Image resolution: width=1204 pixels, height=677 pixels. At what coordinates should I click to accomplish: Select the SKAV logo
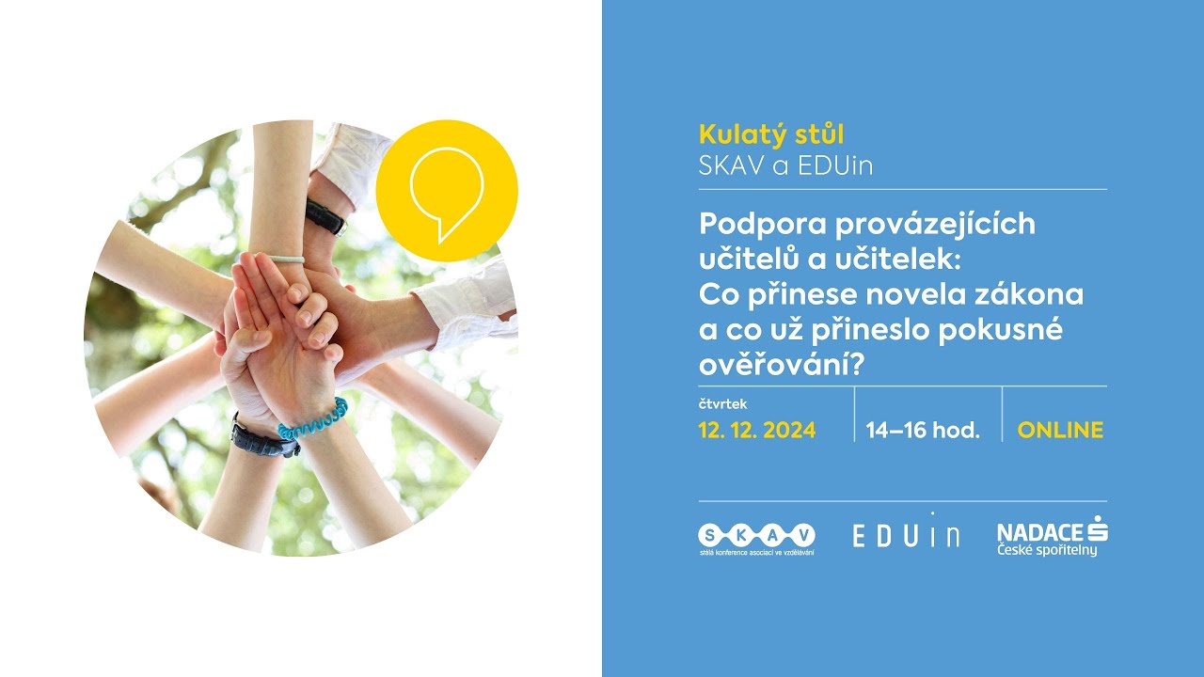pos(756,539)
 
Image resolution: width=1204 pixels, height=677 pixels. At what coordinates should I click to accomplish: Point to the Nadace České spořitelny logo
pos(1052,536)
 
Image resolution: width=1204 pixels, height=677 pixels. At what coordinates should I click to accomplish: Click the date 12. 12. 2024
pos(756,431)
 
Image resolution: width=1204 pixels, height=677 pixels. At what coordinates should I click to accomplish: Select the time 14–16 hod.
pos(923,431)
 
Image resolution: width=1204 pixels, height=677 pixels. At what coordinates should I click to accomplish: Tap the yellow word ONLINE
pos(1060,431)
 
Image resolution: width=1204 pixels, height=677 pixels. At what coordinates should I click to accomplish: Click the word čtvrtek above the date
pos(723,404)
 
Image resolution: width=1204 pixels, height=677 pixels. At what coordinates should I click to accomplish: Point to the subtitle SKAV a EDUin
pos(785,165)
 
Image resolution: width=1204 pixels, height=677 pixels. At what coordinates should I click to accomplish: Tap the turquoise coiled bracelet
pos(313,419)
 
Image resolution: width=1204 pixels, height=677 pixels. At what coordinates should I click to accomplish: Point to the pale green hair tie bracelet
pos(285,258)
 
